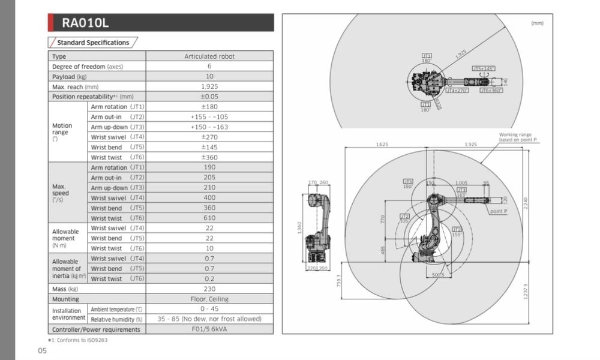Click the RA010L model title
point(85,23)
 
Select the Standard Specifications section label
point(92,43)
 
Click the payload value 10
point(209,76)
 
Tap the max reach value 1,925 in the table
point(209,86)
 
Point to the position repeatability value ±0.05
point(209,97)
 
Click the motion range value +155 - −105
point(209,117)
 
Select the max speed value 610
point(209,218)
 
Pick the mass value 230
point(209,289)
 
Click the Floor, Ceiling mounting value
point(209,299)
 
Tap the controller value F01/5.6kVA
point(209,329)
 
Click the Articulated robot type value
point(209,56)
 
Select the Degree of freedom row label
point(87,67)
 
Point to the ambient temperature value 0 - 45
point(209,309)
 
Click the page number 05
point(43,350)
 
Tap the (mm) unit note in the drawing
point(537,23)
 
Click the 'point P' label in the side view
point(499,211)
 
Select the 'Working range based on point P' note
point(518,137)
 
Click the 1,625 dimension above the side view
point(382,145)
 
